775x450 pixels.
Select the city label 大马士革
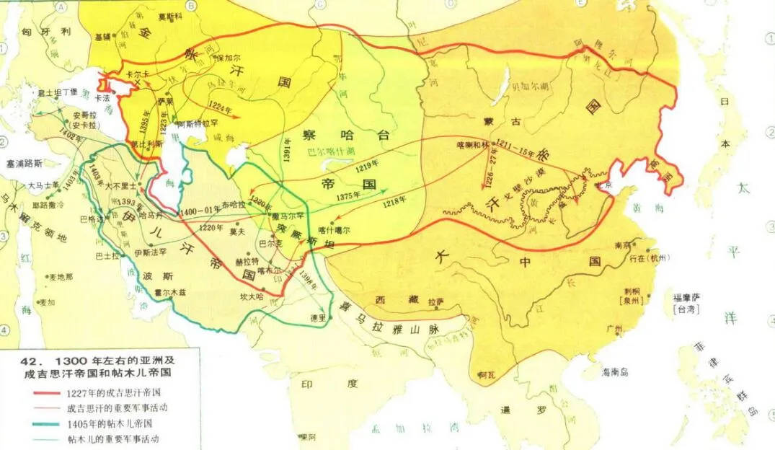[41, 185]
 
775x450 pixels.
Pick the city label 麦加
[46, 303]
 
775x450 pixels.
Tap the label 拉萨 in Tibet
[435, 301]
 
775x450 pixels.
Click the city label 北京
[603, 184]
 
